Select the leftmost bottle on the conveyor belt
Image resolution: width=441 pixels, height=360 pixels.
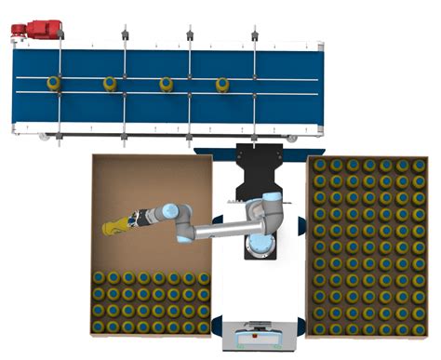(55, 84)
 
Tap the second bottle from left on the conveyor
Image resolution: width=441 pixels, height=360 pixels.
(111, 84)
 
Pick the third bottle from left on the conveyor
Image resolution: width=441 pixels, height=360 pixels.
(167, 84)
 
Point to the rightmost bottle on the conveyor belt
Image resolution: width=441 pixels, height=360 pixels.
(222, 84)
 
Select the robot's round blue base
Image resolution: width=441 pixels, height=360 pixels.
(261, 244)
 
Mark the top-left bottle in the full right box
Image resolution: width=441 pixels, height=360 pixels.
(320, 165)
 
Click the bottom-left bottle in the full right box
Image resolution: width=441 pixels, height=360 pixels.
(320, 328)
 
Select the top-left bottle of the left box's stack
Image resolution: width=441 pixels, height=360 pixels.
(99, 277)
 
